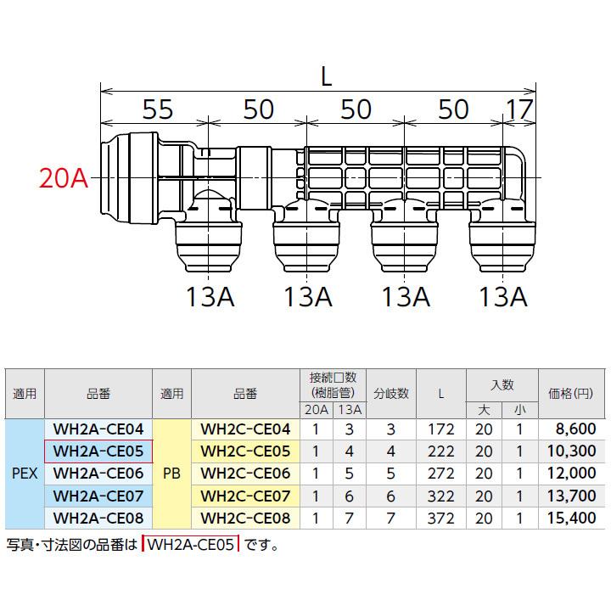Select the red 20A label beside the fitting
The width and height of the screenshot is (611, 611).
click(x=64, y=178)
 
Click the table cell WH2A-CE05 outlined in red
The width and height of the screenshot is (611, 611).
click(x=97, y=451)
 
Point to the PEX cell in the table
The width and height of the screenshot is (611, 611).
click(x=23, y=473)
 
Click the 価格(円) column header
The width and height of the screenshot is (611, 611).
click(x=571, y=394)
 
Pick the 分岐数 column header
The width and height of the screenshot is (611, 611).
click(x=391, y=394)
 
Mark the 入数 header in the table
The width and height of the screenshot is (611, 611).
click(x=502, y=384)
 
